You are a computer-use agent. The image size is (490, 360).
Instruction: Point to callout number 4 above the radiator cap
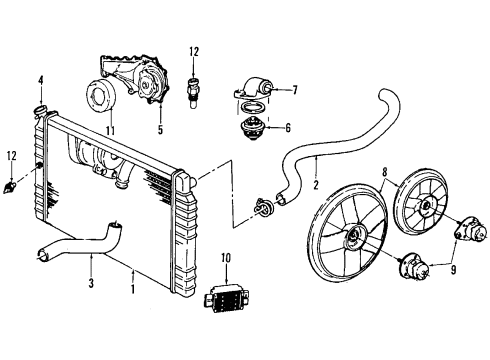point(41,79)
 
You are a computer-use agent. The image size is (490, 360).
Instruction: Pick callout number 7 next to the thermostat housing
point(295,91)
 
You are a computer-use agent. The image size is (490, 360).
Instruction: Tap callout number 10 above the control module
point(226,258)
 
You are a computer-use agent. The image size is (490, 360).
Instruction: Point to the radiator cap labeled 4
point(42,107)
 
